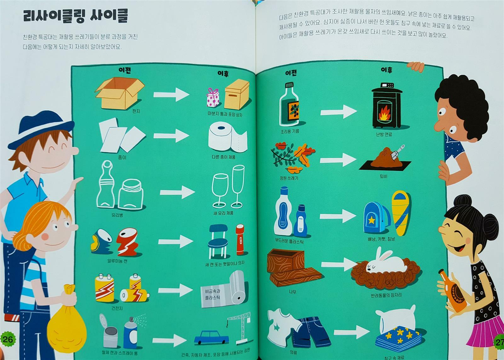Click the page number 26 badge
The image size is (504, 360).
click(x=8, y=339)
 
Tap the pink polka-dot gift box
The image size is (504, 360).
click(x=213, y=97)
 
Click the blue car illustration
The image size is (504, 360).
click(x=211, y=337)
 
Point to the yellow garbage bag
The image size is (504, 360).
click(x=66, y=321)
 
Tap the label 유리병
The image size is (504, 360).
click(x=117, y=215)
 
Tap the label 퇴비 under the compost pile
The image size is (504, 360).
click(x=383, y=177)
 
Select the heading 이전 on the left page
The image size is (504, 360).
click(x=124, y=71)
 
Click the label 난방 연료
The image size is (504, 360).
click(x=384, y=134)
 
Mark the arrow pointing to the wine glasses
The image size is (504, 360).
click(x=177, y=192)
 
